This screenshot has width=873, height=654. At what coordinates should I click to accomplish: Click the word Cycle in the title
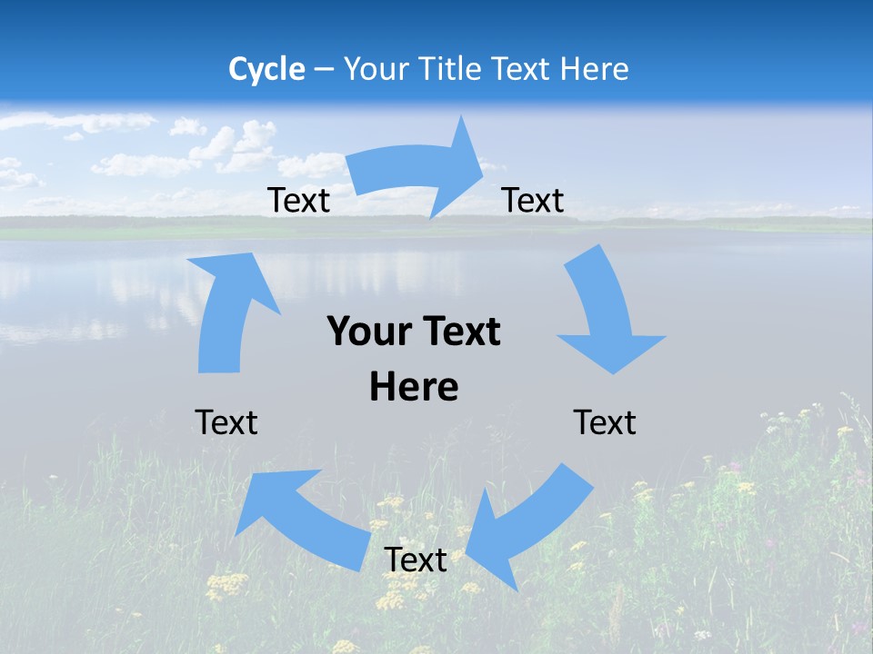266,69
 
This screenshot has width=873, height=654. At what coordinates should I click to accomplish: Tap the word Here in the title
592,69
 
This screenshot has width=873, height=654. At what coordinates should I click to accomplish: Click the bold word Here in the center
414,387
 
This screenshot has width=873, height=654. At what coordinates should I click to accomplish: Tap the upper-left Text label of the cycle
298,201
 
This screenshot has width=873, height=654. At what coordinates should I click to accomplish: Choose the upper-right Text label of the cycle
533,201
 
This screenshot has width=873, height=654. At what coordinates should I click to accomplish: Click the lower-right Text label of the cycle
605,422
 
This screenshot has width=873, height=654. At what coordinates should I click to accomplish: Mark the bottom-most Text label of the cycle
416,560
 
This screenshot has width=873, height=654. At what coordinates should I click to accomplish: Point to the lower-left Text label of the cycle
226,422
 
